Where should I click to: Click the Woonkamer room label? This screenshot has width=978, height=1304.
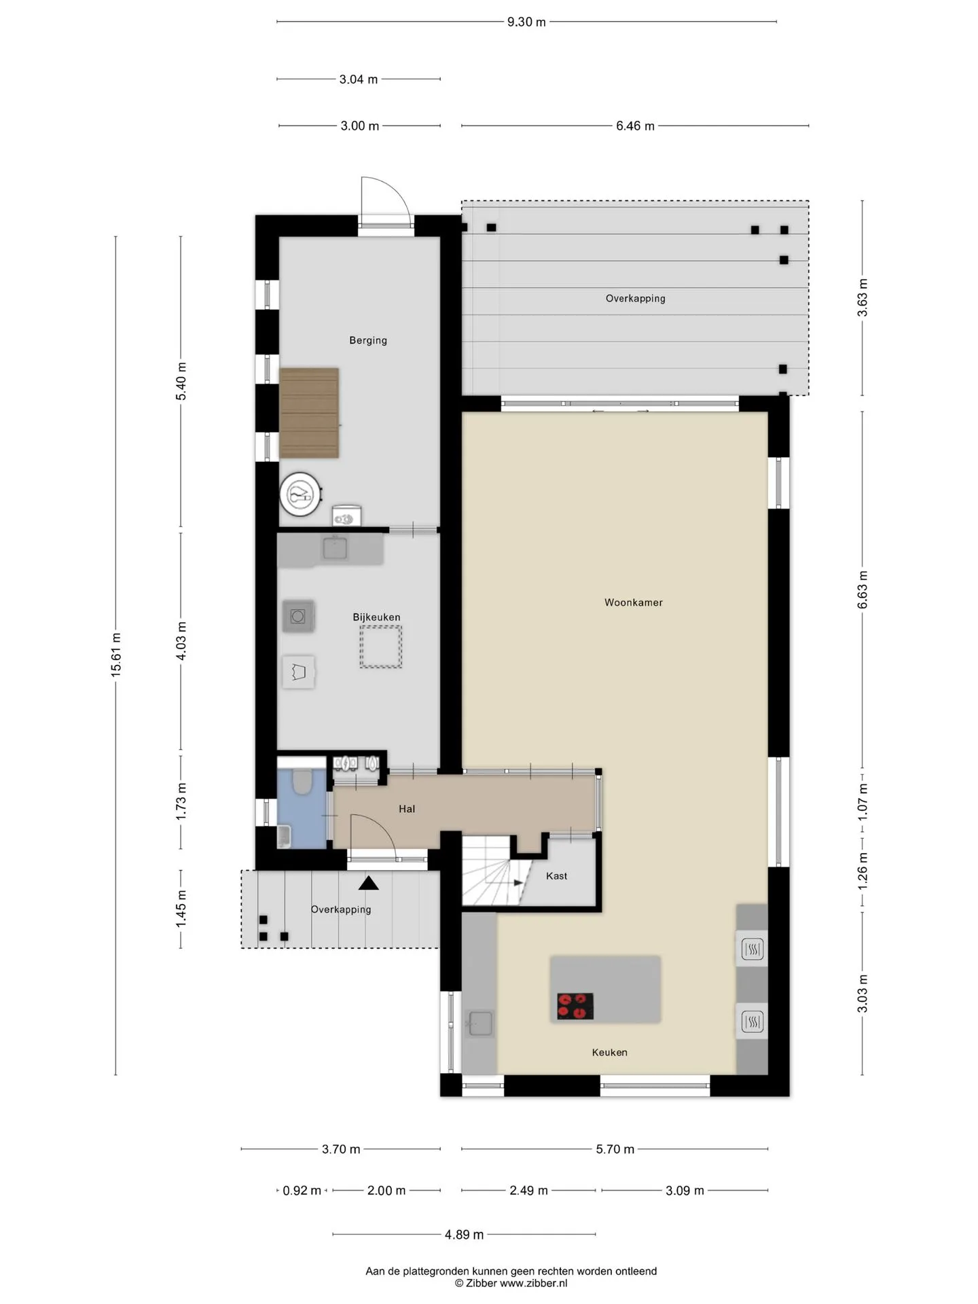pos(633,602)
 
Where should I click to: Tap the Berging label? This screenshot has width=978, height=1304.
pos(368,340)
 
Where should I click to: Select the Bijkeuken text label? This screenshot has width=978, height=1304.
pos(376,617)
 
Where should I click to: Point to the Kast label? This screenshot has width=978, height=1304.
pos(556,876)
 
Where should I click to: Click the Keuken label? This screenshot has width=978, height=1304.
pos(609,1053)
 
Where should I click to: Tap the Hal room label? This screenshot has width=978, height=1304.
pos(407,809)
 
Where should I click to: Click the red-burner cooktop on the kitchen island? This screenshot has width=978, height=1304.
pos(575,1007)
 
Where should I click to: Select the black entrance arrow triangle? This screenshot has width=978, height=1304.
pos(369,883)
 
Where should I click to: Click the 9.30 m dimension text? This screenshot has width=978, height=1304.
pos(526,22)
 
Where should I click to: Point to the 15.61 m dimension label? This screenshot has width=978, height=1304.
pos(116,654)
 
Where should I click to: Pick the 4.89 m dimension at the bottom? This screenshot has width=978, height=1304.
pos(465,1235)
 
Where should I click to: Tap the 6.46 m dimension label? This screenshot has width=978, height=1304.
pos(635,126)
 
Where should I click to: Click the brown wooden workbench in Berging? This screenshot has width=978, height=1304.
pos(309,413)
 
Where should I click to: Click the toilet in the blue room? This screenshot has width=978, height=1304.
pos(302,780)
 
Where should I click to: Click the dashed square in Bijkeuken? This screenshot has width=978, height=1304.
pos(381,647)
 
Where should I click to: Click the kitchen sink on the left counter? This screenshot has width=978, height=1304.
pos(480,1023)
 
